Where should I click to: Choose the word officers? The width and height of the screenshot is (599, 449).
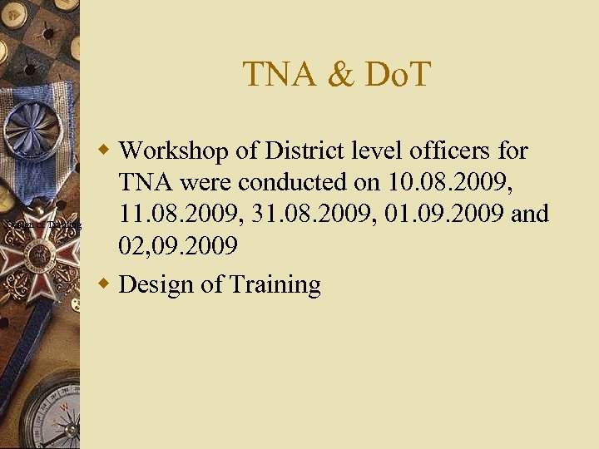click(441, 150)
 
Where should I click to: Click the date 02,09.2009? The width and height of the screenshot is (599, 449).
click(179, 246)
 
